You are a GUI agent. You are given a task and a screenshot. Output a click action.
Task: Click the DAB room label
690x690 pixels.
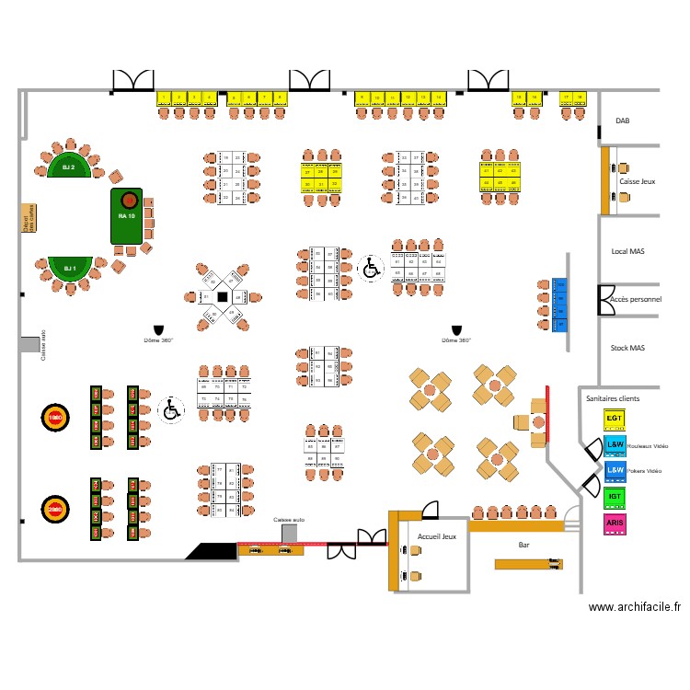point(623,121)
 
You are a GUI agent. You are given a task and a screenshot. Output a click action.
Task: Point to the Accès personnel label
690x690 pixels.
point(636,300)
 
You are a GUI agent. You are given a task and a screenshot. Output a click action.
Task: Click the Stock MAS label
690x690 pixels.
point(627,348)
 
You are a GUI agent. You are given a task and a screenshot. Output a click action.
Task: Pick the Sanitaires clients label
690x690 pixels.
point(613,398)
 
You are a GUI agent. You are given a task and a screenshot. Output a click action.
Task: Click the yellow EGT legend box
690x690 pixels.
point(615,419)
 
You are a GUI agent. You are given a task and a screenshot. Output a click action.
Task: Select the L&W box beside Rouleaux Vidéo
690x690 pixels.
point(615,445)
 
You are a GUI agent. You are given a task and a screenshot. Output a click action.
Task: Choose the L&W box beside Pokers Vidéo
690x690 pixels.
point(615,470)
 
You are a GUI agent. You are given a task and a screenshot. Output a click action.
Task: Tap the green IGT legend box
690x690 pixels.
point(615,497)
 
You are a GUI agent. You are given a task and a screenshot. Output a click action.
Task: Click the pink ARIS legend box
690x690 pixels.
point(615,523)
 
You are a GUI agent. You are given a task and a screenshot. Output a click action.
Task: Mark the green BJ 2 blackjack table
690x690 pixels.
point(68,167)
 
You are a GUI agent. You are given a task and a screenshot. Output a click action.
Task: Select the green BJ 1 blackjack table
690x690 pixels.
point(68,268)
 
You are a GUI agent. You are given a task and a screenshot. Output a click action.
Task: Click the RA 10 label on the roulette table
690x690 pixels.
point(126,216)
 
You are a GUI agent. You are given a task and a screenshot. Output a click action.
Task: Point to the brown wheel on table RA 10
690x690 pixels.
point(129,200)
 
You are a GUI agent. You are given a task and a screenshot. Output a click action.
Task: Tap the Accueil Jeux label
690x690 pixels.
point(436,536)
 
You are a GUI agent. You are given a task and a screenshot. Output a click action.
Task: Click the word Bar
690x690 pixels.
point(523,545)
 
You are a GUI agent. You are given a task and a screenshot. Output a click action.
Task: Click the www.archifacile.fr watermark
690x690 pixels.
point(635,607)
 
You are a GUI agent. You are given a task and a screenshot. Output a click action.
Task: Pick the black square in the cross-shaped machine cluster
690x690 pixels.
point(221,296)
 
